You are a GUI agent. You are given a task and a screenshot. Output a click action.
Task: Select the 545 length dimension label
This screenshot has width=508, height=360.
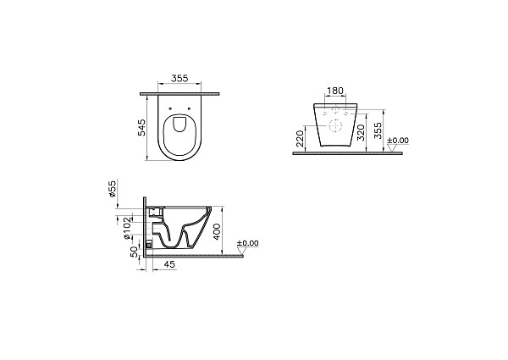coord(143,127)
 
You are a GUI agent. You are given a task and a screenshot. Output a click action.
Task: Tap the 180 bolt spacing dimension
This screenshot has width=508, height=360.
coord(335,91)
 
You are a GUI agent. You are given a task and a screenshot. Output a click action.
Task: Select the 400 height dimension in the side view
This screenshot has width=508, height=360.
coord(217,230)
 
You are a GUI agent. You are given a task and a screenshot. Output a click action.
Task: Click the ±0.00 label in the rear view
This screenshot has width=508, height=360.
coord(397,141)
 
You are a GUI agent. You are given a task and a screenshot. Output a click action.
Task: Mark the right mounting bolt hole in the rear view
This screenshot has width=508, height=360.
coord(347,113)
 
